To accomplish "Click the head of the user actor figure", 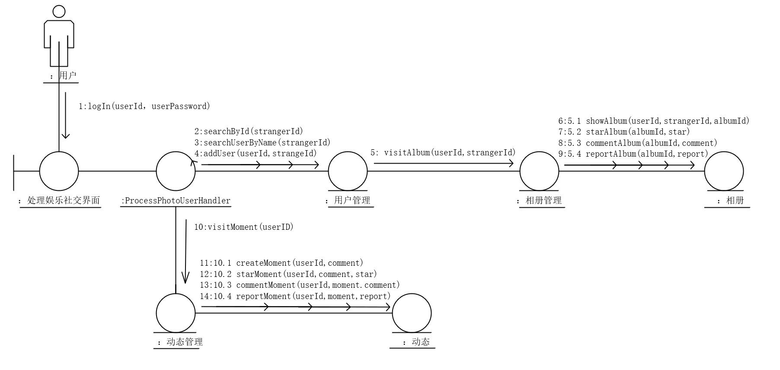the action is [x=59, y=12].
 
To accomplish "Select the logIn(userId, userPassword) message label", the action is [x=144, y=106].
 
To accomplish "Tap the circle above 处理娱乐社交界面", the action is [x=59, y=171].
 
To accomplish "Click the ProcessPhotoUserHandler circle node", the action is [x=176, y=171].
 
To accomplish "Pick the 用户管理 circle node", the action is [x=348, y=171].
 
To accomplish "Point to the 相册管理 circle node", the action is [x=539, y=171].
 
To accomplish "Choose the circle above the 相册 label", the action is [x=724, y=171].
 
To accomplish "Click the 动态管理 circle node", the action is [x=176, y=313].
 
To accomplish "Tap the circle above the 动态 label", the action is [x=412, y=313].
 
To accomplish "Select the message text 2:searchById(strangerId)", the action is [x=249, y=131].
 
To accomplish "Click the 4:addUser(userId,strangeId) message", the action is [x=256, y=153].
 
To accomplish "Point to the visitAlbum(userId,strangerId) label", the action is [x=443, y=152].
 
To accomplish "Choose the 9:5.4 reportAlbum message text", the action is [x=633, y=154].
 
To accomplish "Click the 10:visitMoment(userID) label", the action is [x=244, y=227].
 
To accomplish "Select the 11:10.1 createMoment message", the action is [x=281, y=263].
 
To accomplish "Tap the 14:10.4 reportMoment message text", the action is [x=295, y=296].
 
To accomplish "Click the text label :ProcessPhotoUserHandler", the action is [x=176, y=201].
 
